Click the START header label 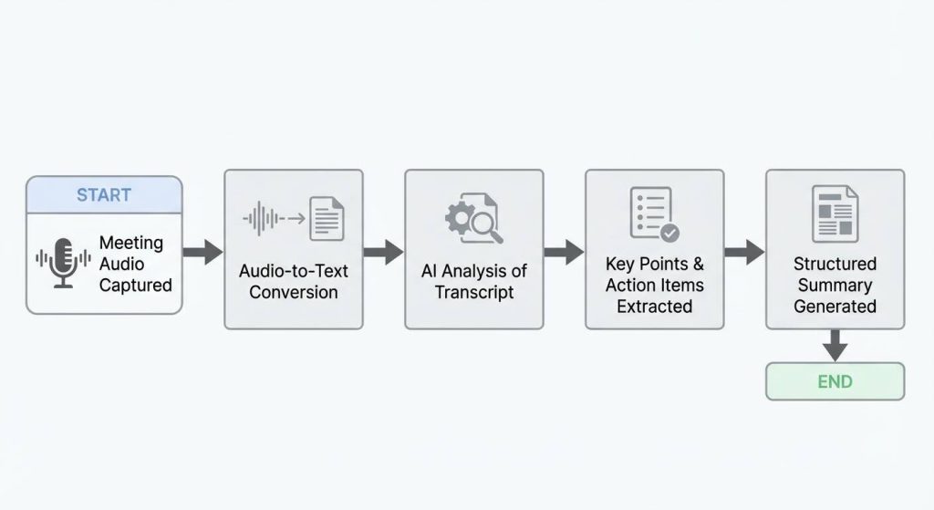click(104, 195)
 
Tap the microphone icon click(63, 264)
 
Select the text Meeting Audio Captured click(135, 264)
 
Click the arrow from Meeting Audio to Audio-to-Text click(202, 252)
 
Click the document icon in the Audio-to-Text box click(327, 219)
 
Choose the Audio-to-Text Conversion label click(294, 282)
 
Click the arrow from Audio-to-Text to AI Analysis click(383, 252)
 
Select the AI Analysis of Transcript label click(474, 282)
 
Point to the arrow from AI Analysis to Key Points click(564, 252)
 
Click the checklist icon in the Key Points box click(650, 212)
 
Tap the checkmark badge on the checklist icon click(669, 234)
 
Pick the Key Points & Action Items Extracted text click(655, 285)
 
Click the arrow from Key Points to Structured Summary click(744, 252)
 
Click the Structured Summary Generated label click(835, 285)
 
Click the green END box click(835, 381)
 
